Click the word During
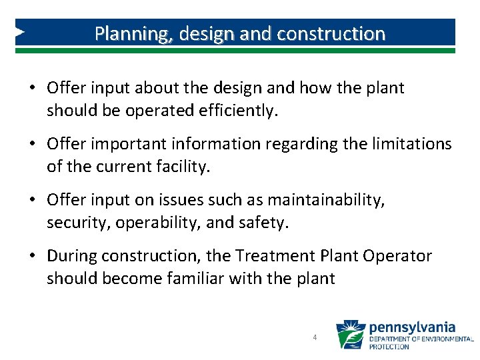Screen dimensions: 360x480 70,256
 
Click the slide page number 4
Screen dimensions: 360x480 314,338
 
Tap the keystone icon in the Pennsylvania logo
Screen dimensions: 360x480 351,335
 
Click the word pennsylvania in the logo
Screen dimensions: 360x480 412,327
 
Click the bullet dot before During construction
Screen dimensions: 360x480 32,257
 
